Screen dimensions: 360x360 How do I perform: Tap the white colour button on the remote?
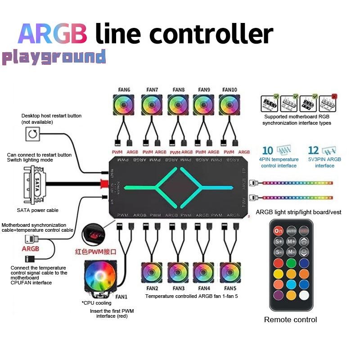click(x=304, y=295)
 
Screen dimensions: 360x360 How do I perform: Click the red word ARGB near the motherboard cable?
click(x=31, y=248)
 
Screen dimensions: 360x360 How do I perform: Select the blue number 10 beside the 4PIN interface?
click(x=267, y=151)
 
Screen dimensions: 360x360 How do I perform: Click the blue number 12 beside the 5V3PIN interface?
click(x=314, y=151)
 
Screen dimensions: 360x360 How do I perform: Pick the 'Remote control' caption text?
click(x=290, y=319)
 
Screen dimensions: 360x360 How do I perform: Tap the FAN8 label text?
click(x=179, y=90)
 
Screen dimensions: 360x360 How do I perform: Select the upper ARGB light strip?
click(x=297, y=184)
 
